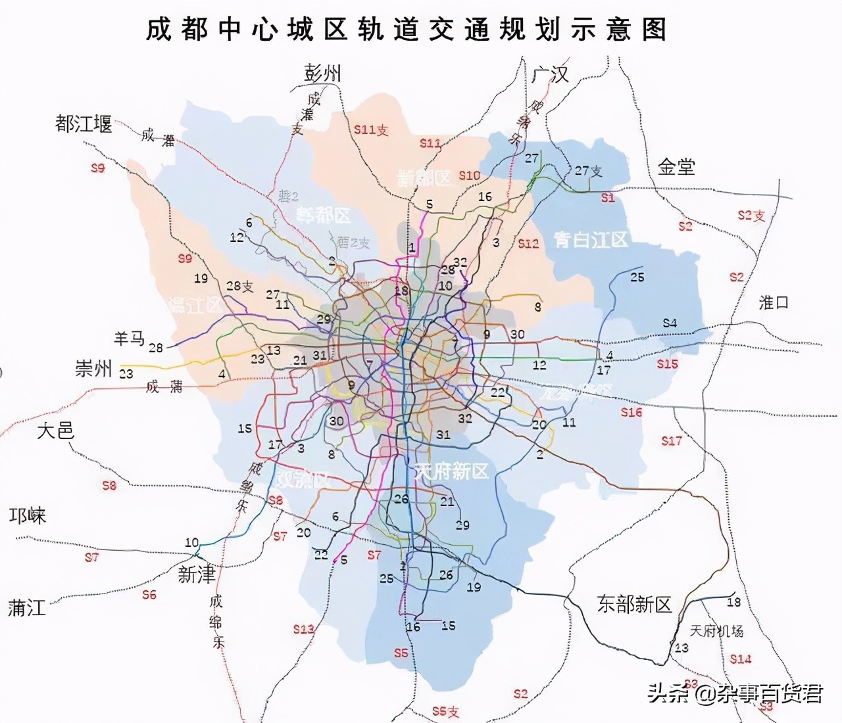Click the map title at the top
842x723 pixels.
(406, 30)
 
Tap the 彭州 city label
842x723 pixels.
(322, 73)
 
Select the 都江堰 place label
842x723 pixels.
(84, 124)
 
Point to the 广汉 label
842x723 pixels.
(551, 74)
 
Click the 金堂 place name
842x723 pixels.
(676, 167)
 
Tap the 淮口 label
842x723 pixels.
(773, 303)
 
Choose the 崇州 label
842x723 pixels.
(93, 369)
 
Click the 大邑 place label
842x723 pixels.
(55, 431)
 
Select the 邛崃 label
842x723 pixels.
(28, 516)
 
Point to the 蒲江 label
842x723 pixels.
(27, 608)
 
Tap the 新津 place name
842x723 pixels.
(196, 575)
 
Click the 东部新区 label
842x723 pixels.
(634, 604)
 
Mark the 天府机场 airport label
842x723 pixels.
(716, 631)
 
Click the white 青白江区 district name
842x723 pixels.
(591, 240)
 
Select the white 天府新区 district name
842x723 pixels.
(451, 471)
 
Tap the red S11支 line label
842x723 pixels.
(371, 130)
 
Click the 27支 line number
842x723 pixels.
(588, 171)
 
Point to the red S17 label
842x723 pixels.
(672, 441)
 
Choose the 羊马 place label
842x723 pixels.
(129, 338)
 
